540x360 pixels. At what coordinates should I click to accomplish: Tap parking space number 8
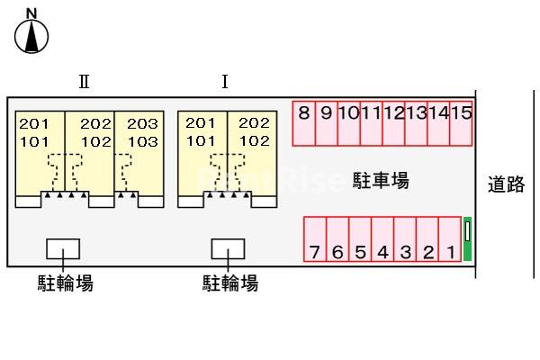[304, 123]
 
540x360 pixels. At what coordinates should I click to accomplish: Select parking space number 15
[461, 123]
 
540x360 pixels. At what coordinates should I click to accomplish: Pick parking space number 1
[450, 239]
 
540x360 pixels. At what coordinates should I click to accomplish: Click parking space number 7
[315, 239]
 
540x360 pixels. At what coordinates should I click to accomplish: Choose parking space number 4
[382, 239]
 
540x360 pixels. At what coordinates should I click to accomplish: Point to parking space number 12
[393, 123]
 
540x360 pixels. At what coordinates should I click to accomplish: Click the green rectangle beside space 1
[467, 238]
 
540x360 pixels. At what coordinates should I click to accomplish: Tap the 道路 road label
[506, 184]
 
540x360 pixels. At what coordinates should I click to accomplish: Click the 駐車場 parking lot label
[381, 180]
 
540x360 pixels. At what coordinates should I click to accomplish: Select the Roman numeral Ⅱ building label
[85, 82]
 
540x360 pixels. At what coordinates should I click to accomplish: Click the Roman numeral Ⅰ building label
[225, 82]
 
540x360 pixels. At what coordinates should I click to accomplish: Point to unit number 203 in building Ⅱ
[142, 123]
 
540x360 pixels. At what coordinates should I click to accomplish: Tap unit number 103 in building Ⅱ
[143, 141]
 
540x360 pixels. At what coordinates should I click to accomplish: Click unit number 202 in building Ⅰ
[254, 122]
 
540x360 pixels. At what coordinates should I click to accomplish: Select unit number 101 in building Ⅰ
[201, 140]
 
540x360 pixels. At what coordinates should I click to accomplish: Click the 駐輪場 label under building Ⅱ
[66, 283]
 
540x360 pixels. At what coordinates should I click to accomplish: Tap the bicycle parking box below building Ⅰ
[228, 248]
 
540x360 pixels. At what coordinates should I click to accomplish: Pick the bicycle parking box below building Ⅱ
[63, 248]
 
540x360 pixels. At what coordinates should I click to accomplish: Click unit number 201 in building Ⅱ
[34, 123]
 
